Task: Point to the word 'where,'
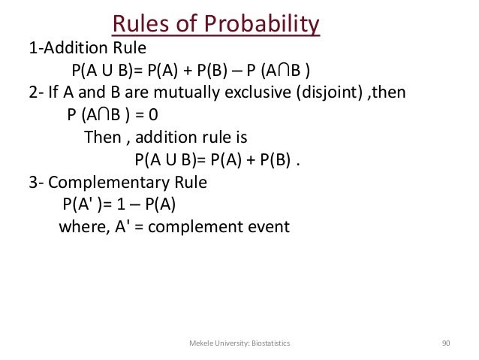pos(83,226)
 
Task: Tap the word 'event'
pos(267,226)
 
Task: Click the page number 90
pos(446,343)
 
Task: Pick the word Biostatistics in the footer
pos(270,343)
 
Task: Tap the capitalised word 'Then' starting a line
pos(101,138)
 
